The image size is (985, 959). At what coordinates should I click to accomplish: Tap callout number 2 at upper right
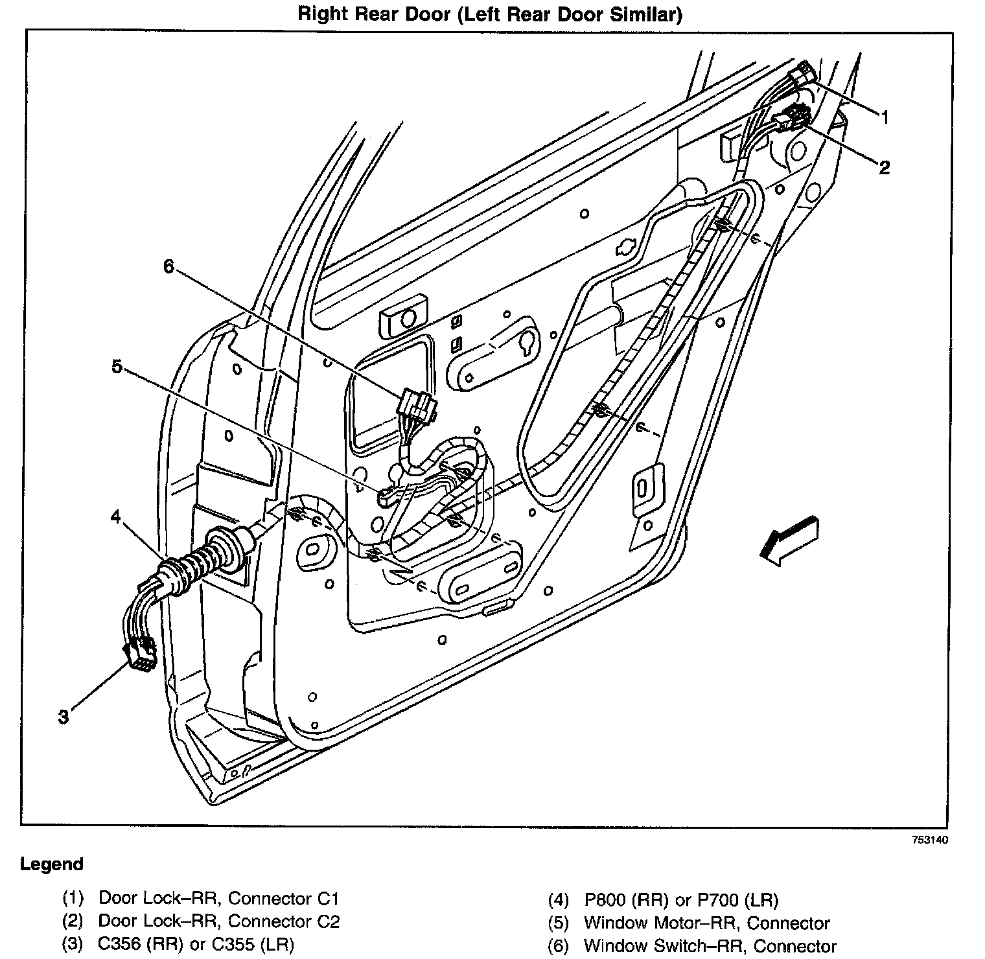click(x=884, y=168)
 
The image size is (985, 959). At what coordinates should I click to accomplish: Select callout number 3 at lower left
click(x=64, y=717)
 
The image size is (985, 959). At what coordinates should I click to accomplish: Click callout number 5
click(x=117, y=367)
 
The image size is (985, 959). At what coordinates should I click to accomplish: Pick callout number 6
click(x=168, y=266)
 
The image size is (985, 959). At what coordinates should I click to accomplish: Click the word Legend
click(x=52, y=864)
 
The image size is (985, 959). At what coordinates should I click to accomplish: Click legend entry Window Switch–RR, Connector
click(x=710, y=946)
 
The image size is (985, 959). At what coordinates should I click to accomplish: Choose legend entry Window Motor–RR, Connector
click(x=706, y=923)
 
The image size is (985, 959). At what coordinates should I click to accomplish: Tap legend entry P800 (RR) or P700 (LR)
click(x=680, y=899)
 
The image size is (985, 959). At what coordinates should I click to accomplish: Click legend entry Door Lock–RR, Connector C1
click(x=218, y=899)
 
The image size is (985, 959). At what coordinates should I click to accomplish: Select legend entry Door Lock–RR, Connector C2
click(x=218, y=921)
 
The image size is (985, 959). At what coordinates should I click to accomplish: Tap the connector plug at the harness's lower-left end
click(x=141, y=653)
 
